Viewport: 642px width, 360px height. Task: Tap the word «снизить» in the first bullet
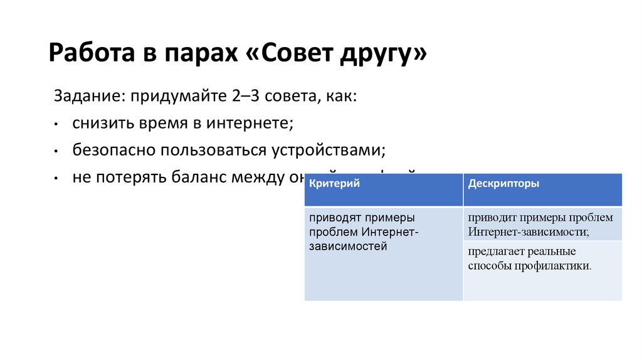(x=101, y=124)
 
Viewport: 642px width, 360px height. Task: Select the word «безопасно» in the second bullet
(x=113, y=151)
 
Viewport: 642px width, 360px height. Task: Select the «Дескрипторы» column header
(x=503, y=184)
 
